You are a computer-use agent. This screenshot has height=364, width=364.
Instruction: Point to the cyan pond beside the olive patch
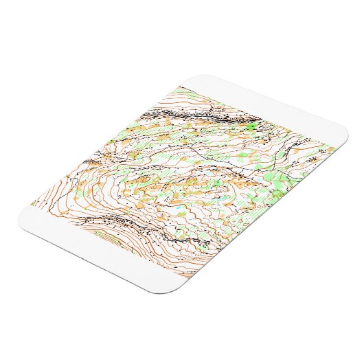click(x=178, y=207)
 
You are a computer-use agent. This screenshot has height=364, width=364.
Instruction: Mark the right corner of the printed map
click(x=334, y=146)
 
